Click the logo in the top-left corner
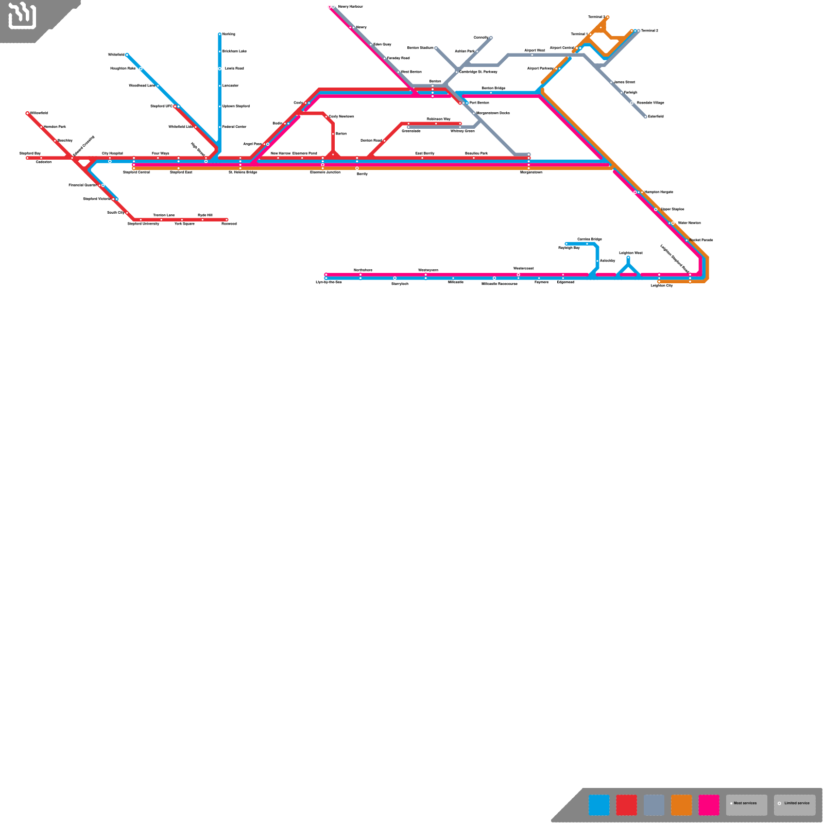click(x=22, y=15)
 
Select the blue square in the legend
click(x=599, y=805)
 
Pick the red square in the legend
click(x=626, y=805)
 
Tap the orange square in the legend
click(x=681, y=805)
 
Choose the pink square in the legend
click(x=709, y=805)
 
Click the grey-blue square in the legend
click(x=654, y=805)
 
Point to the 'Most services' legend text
click(x=745, y=803)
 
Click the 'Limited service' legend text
click(x=797, y=803)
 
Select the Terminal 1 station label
click(x=579, y=34)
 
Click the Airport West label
click(x=535, y=50)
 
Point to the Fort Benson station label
click(x=479, y=102)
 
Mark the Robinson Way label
click(x=438, y=119)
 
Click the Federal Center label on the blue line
click(x=234, y=127)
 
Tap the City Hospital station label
click(x=112, y=153)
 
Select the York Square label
click(x=184, y=224)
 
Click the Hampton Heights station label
click(x=659, y=192)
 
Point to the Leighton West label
click(x=630, y=253)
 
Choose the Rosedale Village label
click(x=650, y=102)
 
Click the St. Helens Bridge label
click(x=243, y=172)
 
